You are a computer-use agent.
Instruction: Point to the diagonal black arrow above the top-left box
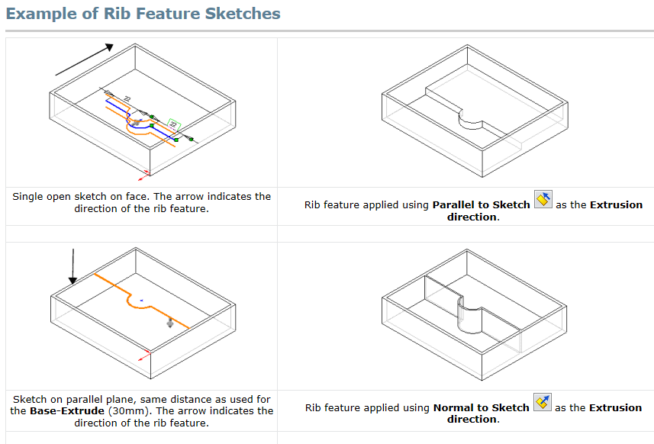(x=84, y=60)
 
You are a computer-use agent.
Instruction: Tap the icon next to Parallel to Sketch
(x=543, y=201)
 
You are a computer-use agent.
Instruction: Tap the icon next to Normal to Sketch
(x=543, y=403)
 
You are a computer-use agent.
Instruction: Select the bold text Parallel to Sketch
(x=481, y=204)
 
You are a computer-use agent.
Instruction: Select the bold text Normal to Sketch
(x=481, y=407)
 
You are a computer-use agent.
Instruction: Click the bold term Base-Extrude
(x=66, y=410)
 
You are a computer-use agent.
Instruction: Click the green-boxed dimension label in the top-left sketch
(x=174, y=123)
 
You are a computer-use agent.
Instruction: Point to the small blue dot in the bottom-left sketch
(x=142, y=300)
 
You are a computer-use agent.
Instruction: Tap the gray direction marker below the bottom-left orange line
(x=169, y=323)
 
